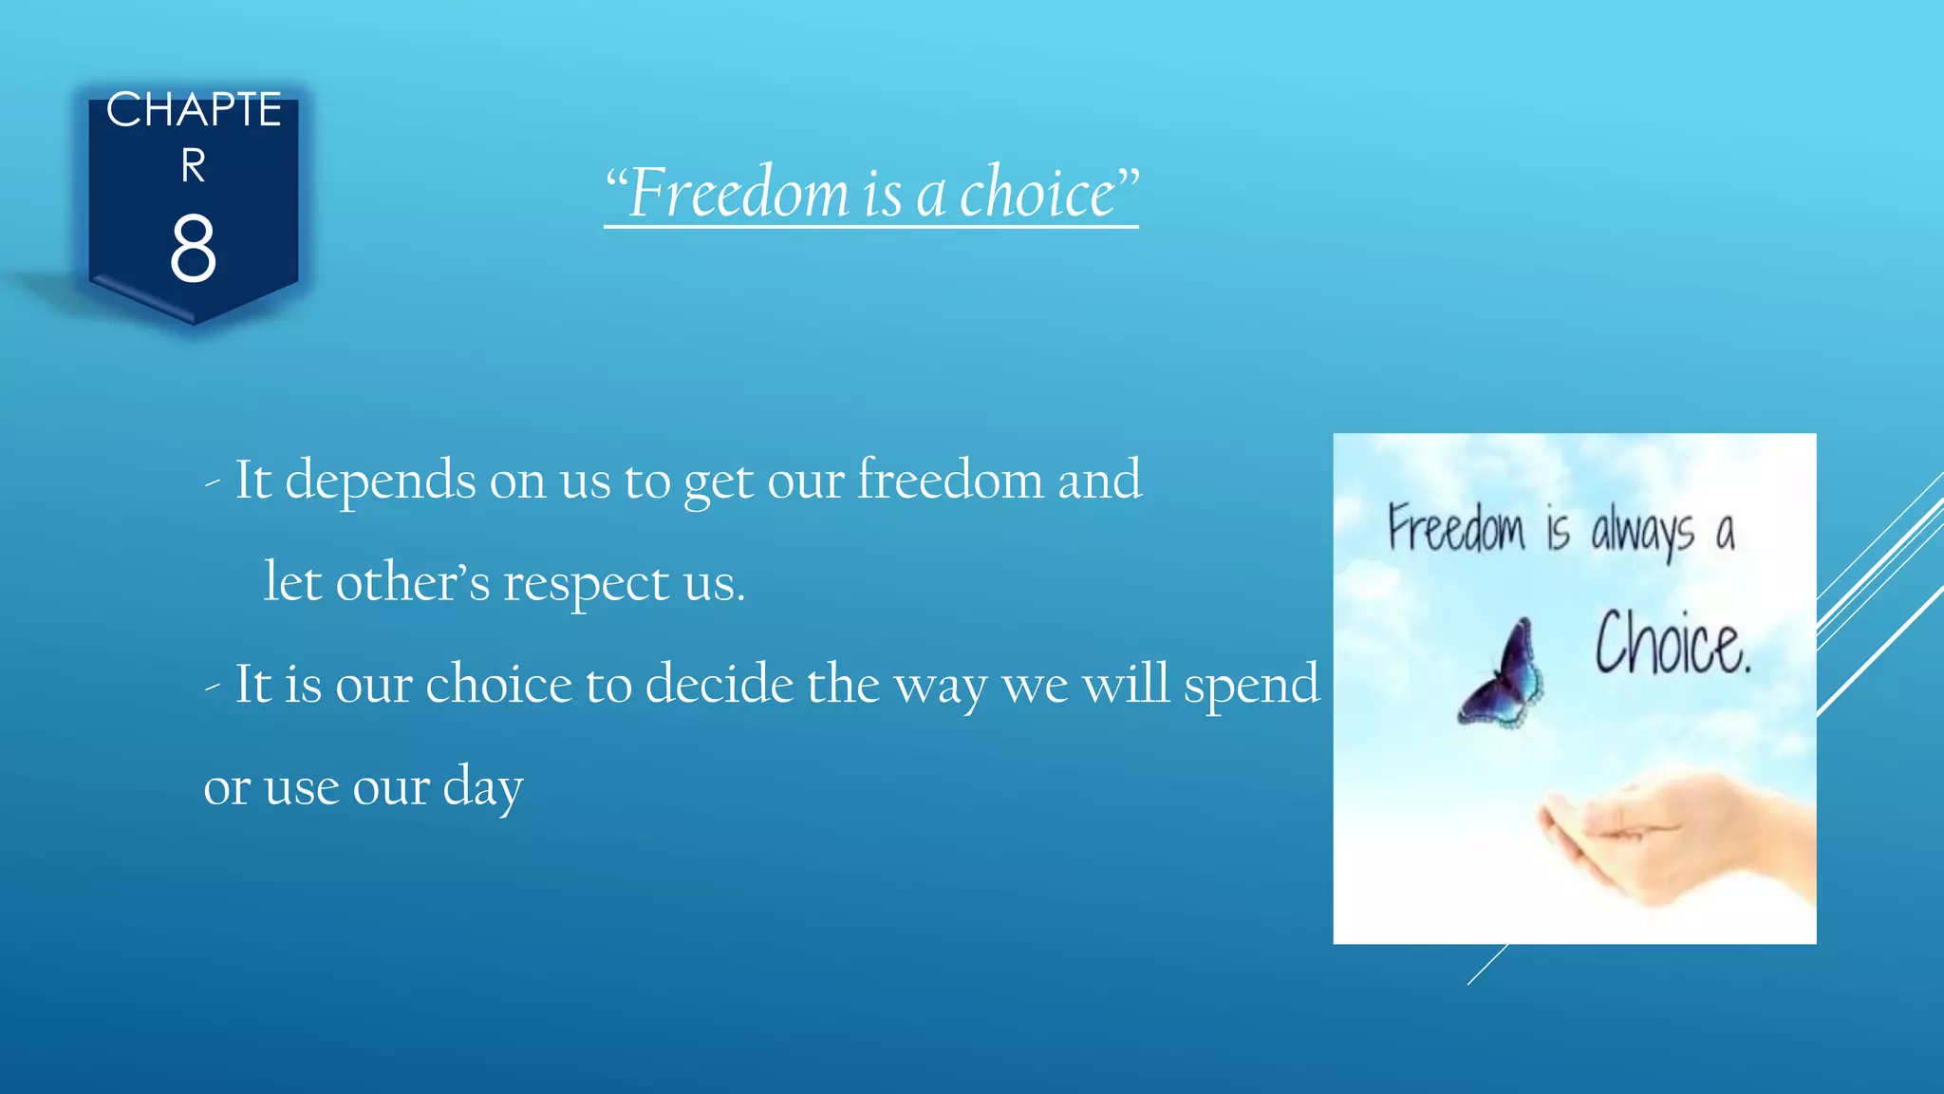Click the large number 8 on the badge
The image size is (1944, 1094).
194,249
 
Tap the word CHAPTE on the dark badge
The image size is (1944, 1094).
194,110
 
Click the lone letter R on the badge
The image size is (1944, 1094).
194,166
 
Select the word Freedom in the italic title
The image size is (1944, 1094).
738,193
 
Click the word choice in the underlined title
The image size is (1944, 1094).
1037,193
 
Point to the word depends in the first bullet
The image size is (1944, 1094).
380,481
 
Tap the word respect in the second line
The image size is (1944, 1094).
586,583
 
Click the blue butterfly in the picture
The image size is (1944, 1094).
1502,674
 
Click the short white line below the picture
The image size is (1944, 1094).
1486,965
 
